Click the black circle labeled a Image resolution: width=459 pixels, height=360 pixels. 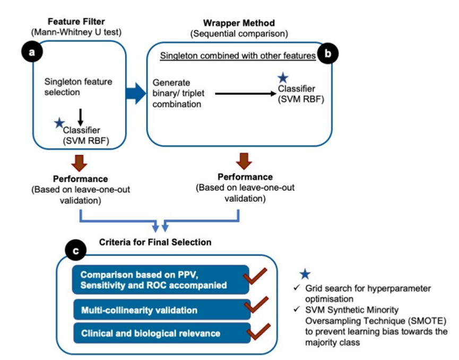[32, 52]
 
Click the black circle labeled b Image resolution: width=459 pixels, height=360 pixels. [328, 54]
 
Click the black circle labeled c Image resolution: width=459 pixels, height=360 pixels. [75, 251]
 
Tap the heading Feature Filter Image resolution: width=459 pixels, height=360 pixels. [76, 21]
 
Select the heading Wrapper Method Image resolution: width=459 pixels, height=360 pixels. [239, 23]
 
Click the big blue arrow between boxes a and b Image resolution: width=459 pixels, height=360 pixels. [136, 93]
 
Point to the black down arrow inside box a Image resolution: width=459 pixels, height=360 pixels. [81, 117]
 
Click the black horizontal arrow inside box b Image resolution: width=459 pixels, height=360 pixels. [246, 94]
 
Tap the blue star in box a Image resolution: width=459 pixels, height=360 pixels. [59, 123]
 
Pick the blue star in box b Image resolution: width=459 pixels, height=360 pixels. [283, 78]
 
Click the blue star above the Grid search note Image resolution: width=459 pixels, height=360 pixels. [305, 274]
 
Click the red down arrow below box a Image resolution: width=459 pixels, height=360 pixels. [79, 163]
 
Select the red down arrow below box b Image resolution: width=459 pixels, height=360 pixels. [244, 161]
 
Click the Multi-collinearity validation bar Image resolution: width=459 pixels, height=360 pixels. [162, 310]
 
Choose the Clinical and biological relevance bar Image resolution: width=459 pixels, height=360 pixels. [162, 333]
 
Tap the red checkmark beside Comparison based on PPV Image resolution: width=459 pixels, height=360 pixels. [255, 276]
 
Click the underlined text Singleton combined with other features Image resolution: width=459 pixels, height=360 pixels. [238, 56]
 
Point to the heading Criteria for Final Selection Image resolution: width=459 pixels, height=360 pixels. [155, 242]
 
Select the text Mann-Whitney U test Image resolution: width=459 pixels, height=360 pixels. [76, 32]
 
